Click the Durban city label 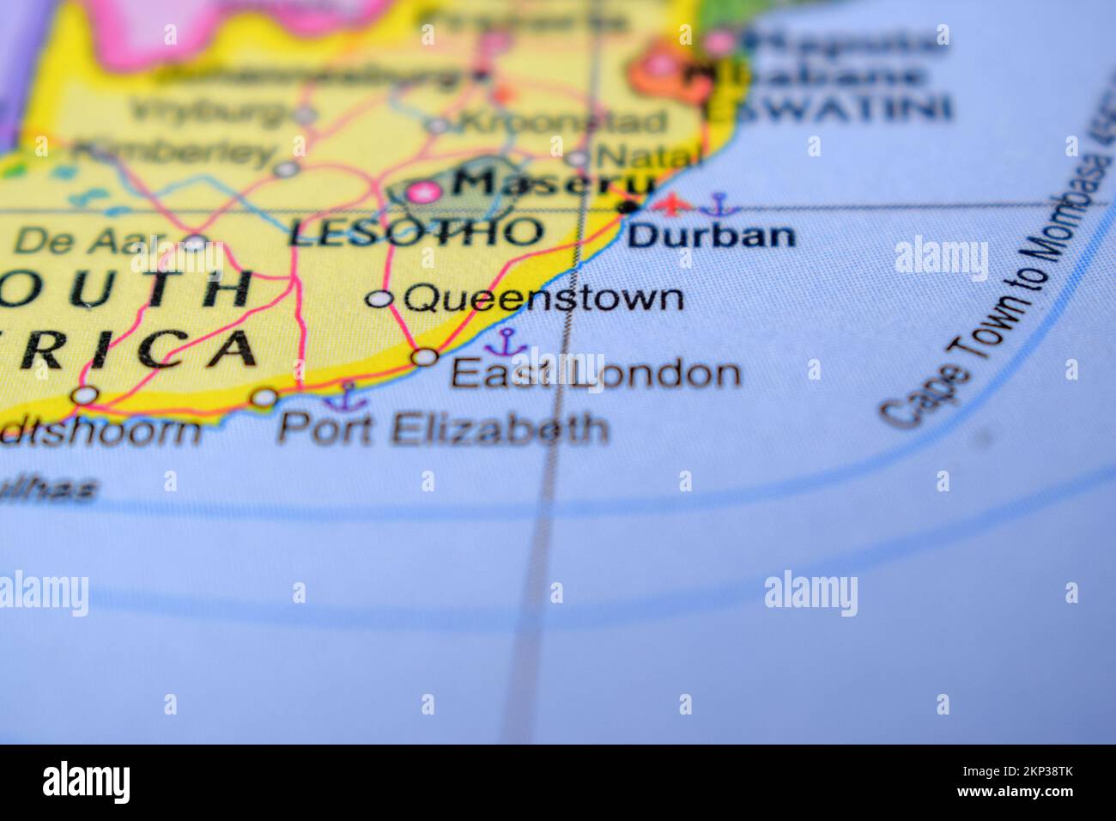[712, 234]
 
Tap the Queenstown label [544, 299]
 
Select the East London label [595, 374]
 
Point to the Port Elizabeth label [443, 428]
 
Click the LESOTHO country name [416, 232]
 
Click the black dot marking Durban [630, 207]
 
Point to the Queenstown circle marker [379, 299]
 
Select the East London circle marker [426, 356]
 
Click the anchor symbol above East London [506, 343]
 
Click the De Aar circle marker [197, 243]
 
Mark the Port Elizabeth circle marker [264, 398]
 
